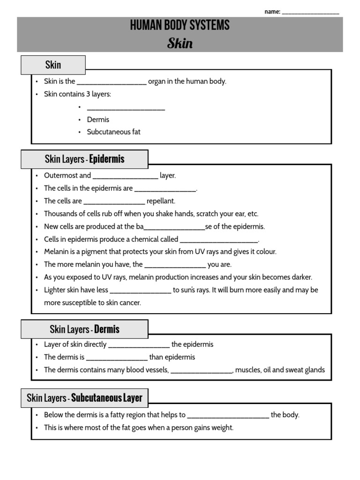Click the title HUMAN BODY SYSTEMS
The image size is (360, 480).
(x=180, y=25)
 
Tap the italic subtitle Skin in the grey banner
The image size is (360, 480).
(x=180, y=44)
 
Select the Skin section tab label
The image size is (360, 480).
(x=53, y=65)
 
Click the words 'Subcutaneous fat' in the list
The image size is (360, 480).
(x=113, y=132)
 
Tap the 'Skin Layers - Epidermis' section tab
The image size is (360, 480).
(x=84, y=159)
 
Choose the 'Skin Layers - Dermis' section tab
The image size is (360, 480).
(x=84, y=329)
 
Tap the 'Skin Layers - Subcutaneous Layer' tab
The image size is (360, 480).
(x=84, y=398)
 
